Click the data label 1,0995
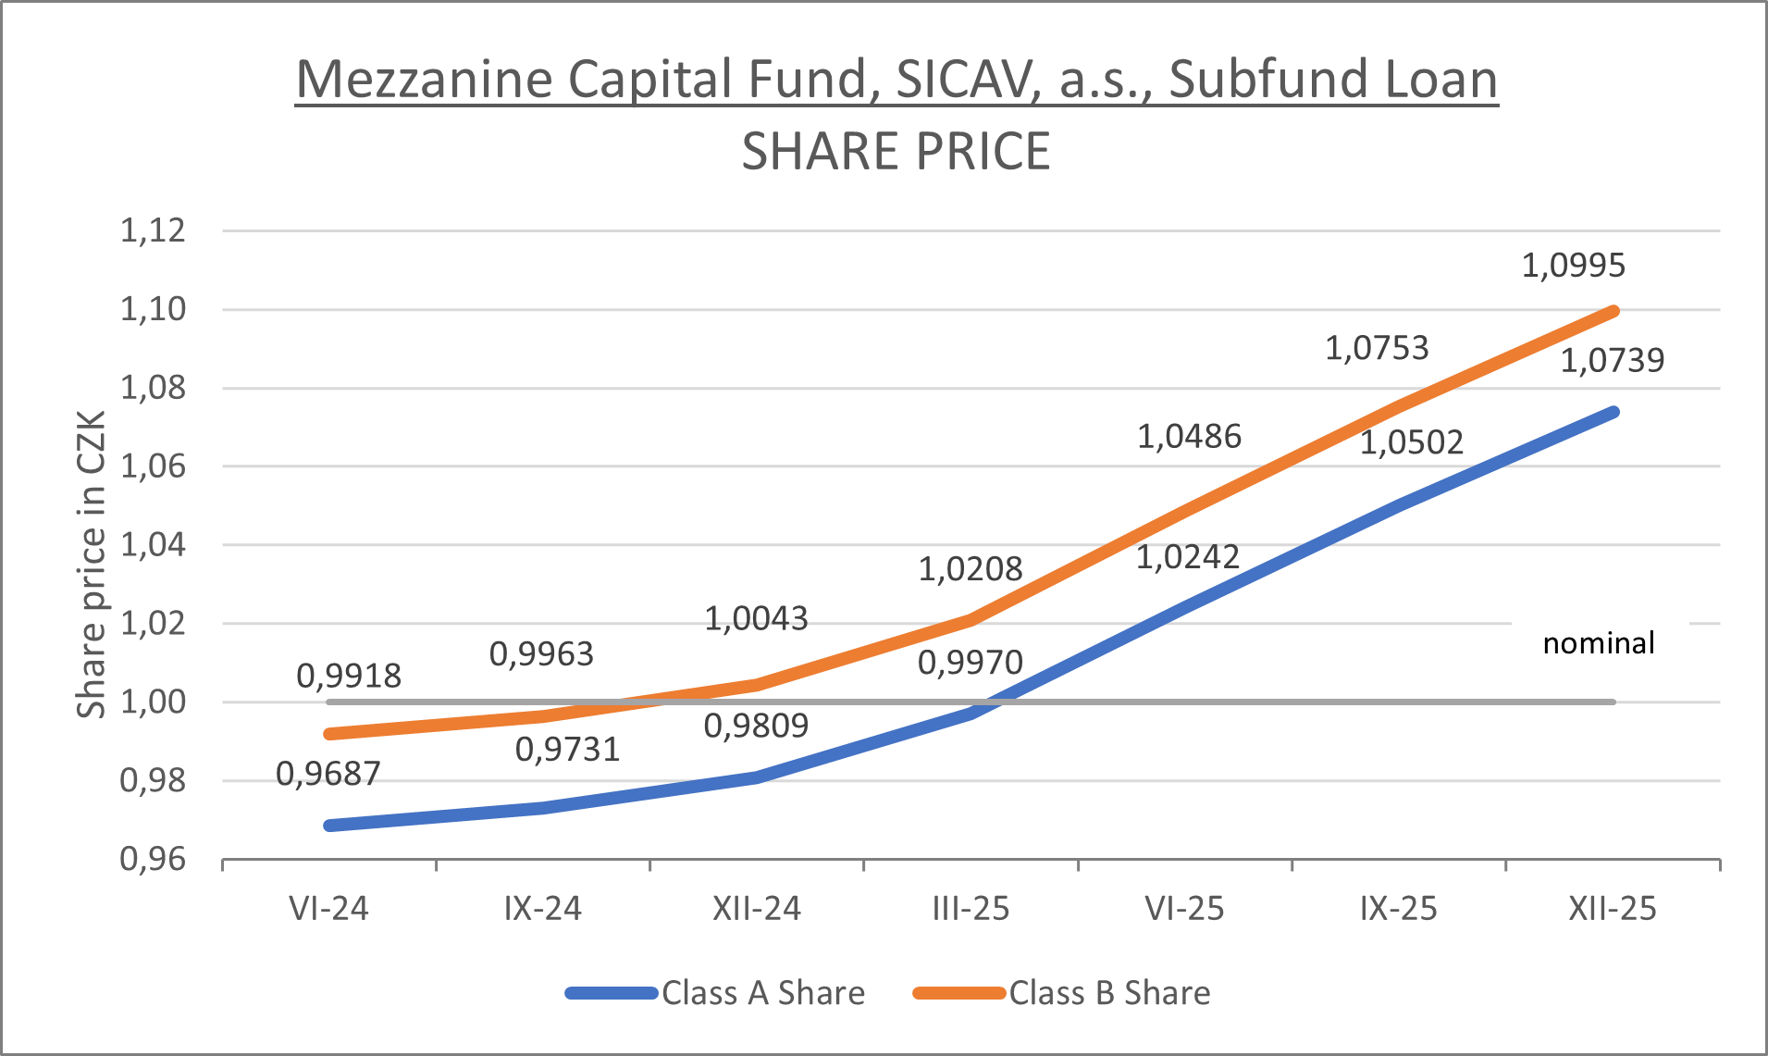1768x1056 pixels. [1573, 266]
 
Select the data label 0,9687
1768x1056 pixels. [328, 774]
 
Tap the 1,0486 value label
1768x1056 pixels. [1189, 437]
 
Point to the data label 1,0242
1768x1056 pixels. [1187, 557]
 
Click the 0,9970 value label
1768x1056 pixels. [970, 663]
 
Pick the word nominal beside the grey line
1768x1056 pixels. [1598, 643]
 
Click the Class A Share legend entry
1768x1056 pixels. [762, 993]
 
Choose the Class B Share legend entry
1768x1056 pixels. [1108, 993]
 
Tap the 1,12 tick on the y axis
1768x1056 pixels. [153, 230]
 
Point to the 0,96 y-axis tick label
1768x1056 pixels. [153, 860]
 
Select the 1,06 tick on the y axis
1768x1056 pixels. [153, 466]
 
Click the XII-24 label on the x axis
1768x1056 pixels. [756, 909]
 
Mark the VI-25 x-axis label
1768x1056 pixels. [1184, 909]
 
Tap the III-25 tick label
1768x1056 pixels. [970, 909]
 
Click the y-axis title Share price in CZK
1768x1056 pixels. [91, 565]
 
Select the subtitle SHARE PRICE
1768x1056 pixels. [896, 152]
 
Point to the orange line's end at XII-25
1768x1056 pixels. [1613, 311]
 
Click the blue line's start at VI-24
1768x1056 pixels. [329, 825]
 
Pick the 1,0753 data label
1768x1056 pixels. [1377, 349]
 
